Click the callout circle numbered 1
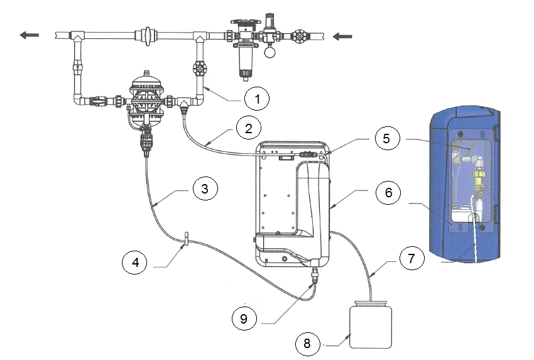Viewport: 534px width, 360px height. click(x=257, y=99)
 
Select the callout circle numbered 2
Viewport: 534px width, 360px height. click(x=249, y=128)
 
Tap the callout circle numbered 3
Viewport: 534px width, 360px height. click(x=205, y=188)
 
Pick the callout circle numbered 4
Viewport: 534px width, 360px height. click(x=135, y=262)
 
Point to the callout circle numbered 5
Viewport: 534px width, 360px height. click(x=386, y=138)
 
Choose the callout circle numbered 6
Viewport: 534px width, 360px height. click(x=388, y=192)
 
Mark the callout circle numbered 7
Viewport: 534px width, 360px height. click(x=411, y=258)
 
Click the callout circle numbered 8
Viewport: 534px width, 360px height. click(x=307, y=343)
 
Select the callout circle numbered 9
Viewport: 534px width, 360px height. click(x=244, y=319)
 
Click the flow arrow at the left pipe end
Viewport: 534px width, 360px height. click(x=30, y=35)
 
